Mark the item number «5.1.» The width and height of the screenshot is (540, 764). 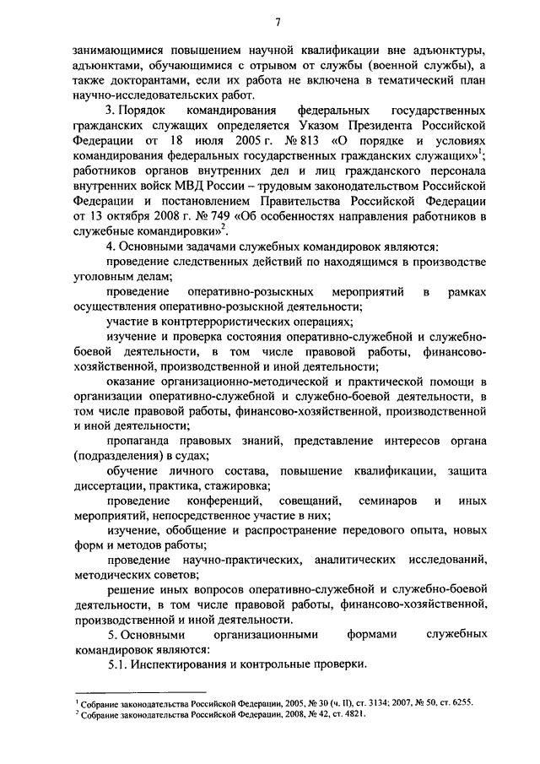point(121,664)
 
